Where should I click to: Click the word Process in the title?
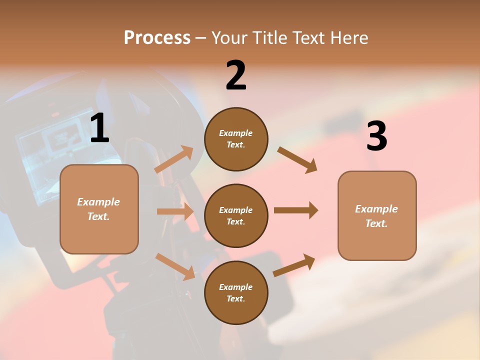pyautogui.click(x=157, y=38)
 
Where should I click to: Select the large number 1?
pyautogui.click(x=99, y=128)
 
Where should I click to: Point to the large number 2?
pyautogui.click(x=236, y=75)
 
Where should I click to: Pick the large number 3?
pyautogui.click(x=376, y=136)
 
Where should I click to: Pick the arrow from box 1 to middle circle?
pyautogui.click(x=175, y=211)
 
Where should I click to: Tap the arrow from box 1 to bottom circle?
pyautogui.click(x=175, y=266)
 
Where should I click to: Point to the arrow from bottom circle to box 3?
pyautogui.click(x=294, y=265)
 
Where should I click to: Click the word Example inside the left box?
pyautogui.click(x=98, y=202)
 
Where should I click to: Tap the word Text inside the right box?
pyautogui.click(x=376, y=223)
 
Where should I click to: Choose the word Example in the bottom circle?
pyautogui.click(x=236, y=287)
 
